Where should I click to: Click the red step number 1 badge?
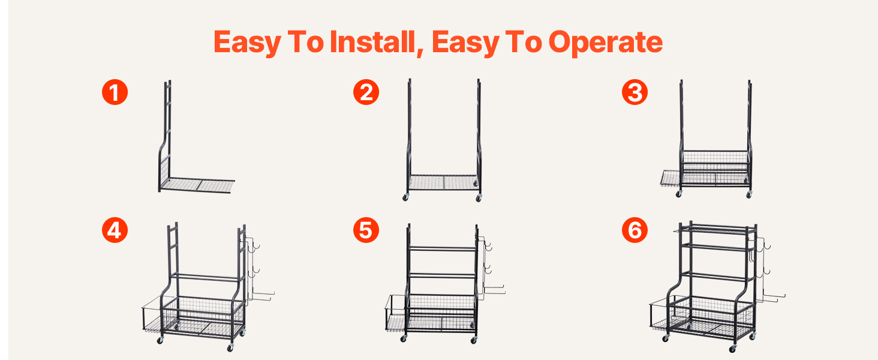click(x=115, y=92)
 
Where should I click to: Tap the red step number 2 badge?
click(x=366, y=92)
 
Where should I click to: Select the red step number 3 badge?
click(x=635, y=92)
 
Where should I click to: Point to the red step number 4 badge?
click(x=115, y=230)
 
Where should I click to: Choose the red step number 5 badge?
click(x=366, y=230)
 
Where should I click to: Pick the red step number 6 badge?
click(x=635, y=230)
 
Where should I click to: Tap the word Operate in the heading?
click(x=606, y=43)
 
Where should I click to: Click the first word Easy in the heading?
click(x=247, y=43)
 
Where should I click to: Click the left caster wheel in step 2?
click(x=405, y=197)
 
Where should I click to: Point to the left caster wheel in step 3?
click(x=678, y=194)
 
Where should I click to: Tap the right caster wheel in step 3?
click(x=749, y=194)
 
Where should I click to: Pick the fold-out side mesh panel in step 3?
click(x=671, y=178)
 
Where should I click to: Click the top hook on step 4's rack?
click(x=255, y=247)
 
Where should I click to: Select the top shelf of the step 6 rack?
click(x=715, y=229)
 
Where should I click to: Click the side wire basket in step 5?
click(x=396, y=314)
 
